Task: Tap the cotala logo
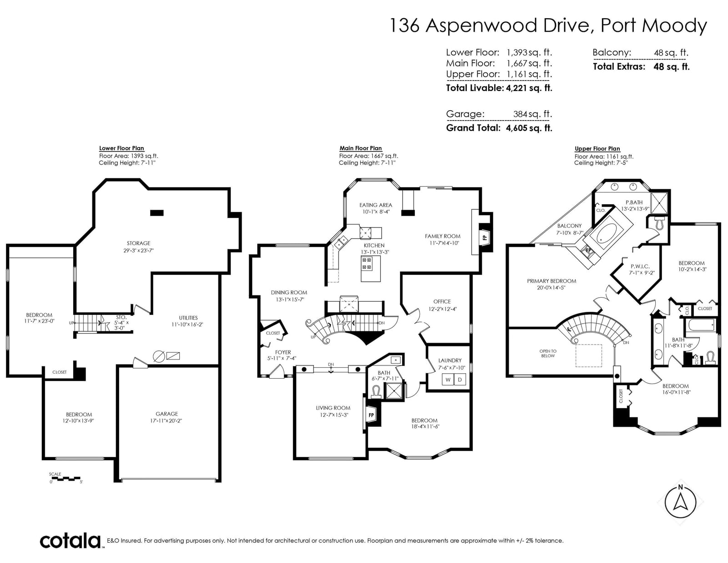(x=71, y=541)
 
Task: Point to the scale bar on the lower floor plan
(x=66, y=478)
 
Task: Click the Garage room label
(x=167, y=414)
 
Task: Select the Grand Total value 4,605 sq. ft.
(x=529, y=128)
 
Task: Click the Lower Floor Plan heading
(x=121, y=148)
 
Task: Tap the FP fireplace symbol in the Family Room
(x=484, y=237)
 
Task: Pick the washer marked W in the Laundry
(x=448, y=380)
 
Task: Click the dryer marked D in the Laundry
(x=460, y=380)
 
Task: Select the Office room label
(x=442, y=302)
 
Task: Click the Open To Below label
(x=548, y=354)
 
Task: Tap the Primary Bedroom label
(x=551, y=281)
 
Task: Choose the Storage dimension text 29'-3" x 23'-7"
(x=138, y=250)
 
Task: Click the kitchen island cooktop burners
(x=367, y=264)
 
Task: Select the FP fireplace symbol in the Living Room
(x=371, y=415)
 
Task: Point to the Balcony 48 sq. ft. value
(x=671, y=53)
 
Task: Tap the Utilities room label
(x=188, y=318)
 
